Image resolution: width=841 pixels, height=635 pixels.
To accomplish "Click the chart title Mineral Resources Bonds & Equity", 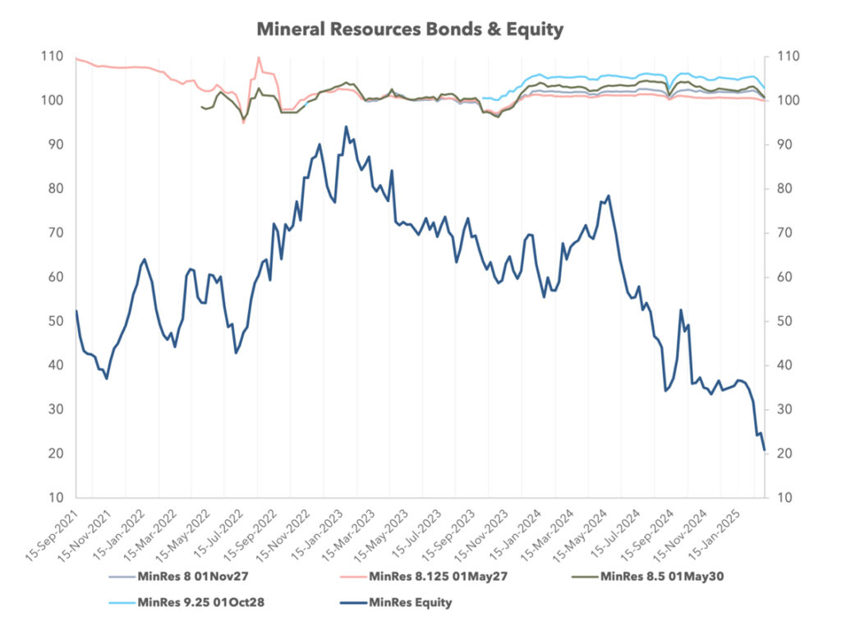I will pos(410,30).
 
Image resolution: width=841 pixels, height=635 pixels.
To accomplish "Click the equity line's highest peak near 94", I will pos(346,127).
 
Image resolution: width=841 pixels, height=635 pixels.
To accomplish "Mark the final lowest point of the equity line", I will pos(765,449).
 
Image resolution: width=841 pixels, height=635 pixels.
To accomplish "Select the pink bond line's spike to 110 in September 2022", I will pos(259,58).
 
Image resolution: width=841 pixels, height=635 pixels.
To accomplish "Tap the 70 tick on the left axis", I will pos(55,233).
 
